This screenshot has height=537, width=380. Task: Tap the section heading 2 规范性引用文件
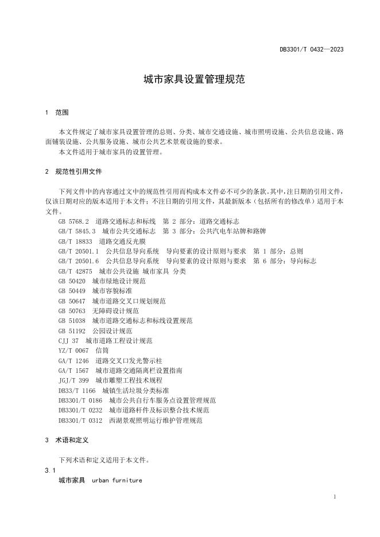(74, 172)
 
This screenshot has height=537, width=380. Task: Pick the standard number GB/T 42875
(75, 271)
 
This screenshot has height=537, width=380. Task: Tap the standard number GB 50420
(72, 281)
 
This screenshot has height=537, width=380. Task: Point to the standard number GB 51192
(72, 331)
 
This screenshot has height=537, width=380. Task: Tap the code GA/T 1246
(73, 361)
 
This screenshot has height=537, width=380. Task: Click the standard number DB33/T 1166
(77, 390)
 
